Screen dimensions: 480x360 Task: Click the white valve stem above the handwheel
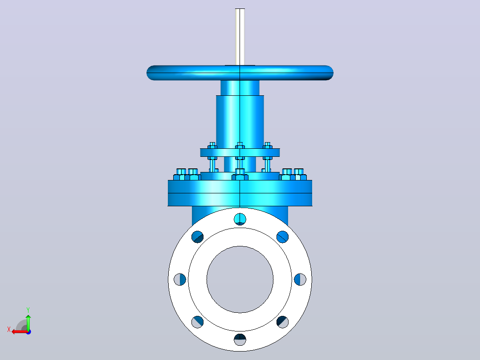(x=240, y=37)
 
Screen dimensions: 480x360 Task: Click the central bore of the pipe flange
(x=240, y=279)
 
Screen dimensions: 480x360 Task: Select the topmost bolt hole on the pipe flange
(x=240, y=219)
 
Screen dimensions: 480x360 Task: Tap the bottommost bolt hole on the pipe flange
(x=240, y=340)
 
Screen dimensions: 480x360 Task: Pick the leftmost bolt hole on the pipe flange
(x=180, y=279)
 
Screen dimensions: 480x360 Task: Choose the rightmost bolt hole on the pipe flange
(x=300, y=279)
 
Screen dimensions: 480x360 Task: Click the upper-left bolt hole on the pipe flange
(x=197, y=237)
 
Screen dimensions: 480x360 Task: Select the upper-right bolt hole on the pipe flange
(x=283, y=237)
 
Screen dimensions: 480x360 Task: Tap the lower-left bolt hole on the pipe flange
(x=197, y=322)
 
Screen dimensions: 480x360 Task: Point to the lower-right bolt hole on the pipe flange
(x=283, y=322)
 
